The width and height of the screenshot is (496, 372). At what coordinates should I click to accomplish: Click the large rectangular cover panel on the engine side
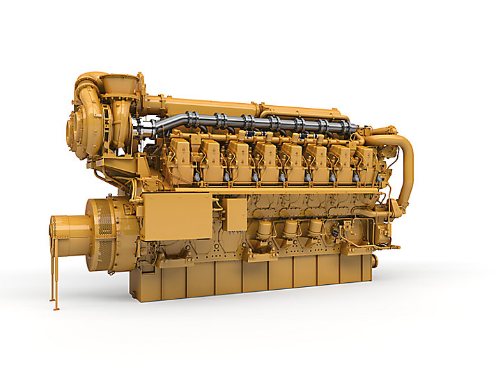(x=177, y=216)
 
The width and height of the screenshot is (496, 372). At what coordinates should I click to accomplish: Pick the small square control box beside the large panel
(x=235, y=214)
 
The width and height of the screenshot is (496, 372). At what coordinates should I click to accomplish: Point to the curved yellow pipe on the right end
(x=405, y=167)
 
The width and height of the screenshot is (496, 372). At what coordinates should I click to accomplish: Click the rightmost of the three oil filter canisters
(x=316, y=227)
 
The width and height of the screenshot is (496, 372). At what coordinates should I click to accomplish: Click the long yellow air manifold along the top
(x=202, y=106)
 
